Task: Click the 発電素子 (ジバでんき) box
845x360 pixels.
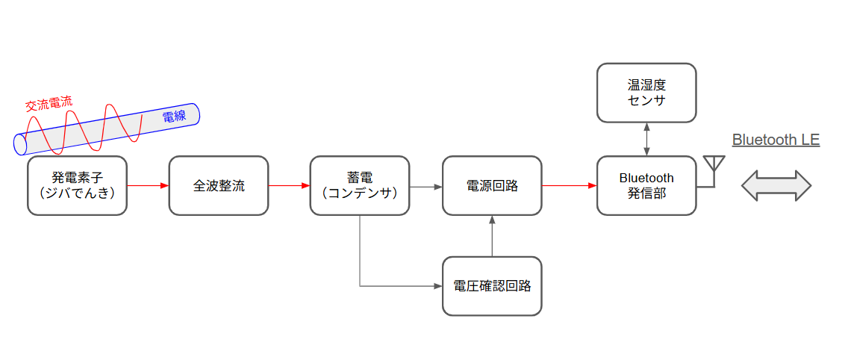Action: tap(77, 185)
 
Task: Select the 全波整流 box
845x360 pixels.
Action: tap(218, 185)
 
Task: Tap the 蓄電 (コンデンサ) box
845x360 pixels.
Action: tap(359, 185)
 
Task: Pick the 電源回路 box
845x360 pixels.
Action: tap(492, 185)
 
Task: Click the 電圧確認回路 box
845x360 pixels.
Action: tap(492, 285)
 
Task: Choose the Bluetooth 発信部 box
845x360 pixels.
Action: tap(646, 185)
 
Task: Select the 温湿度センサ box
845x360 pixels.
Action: tap(646, 93)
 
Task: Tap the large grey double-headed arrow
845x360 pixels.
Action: tap(776, 185)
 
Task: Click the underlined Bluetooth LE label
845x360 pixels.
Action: tap(776, 140)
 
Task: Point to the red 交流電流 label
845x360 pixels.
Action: tap(49, 105)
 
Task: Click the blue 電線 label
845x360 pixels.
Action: tap(174, 117)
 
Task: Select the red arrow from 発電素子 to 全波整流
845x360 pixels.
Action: tap(148, 185)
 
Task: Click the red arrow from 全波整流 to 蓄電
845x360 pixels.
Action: tap(289, 185)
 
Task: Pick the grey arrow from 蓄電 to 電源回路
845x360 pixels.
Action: tap(425, 185)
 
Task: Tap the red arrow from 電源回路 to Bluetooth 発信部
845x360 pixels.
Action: tap(569, 185)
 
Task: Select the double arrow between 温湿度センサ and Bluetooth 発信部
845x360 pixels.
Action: tap(646, 139)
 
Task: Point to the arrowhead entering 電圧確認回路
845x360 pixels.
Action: tap(438, 285)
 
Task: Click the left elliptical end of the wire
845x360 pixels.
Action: tap(21, 143)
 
